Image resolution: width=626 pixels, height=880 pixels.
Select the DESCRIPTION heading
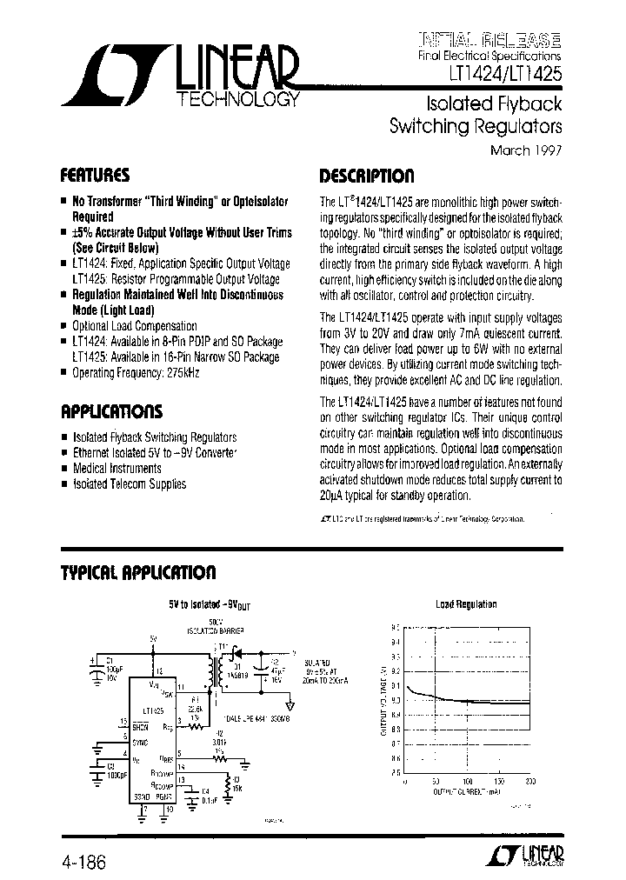366,175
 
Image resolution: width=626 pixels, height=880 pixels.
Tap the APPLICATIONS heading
110,411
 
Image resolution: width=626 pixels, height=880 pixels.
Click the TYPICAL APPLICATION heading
137,572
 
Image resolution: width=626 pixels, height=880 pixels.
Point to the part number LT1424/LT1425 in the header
504,76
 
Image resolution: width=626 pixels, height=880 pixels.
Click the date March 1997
527,149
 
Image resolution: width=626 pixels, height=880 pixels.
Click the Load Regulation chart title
465,604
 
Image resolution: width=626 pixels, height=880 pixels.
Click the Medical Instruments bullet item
117,468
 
